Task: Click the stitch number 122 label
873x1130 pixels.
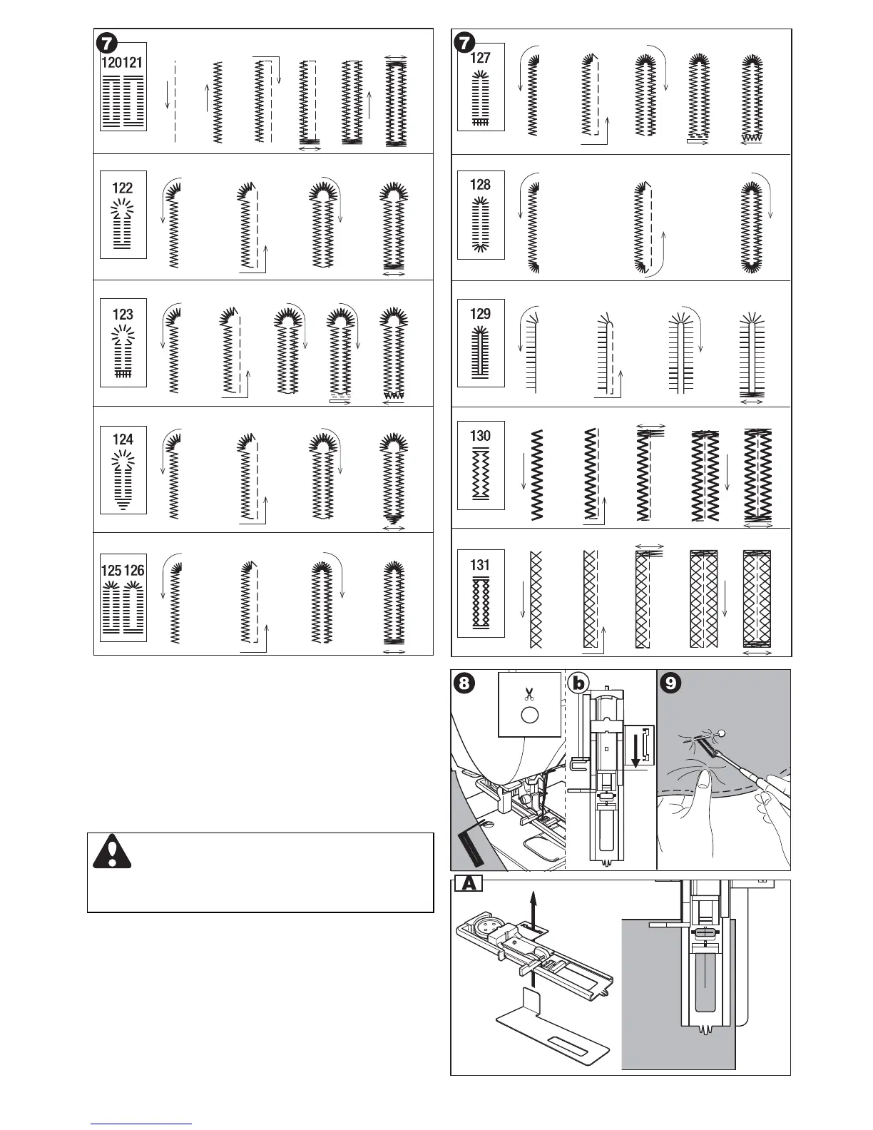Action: (123, 188)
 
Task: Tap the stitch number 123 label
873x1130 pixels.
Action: (123, 314)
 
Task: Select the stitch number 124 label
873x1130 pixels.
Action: (123, 439)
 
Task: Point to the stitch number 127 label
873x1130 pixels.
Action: (480, 58)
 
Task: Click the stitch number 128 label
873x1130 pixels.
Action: (480, 185)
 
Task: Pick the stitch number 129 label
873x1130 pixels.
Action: (480, 314)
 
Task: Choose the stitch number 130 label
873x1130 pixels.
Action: (480, 436)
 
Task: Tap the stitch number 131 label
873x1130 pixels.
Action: (480, 565)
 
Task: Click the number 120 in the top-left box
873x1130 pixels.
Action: (112, 62)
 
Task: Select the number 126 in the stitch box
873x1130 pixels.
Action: (134, 571)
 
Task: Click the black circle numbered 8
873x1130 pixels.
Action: (464, 683)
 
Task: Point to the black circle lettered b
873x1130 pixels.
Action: (579, 683)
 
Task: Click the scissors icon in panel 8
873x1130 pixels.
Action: (529, 693)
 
